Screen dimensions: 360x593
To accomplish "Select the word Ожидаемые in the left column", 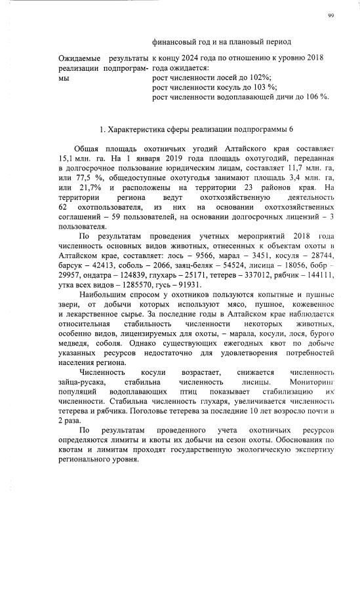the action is [x=78, y=58].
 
